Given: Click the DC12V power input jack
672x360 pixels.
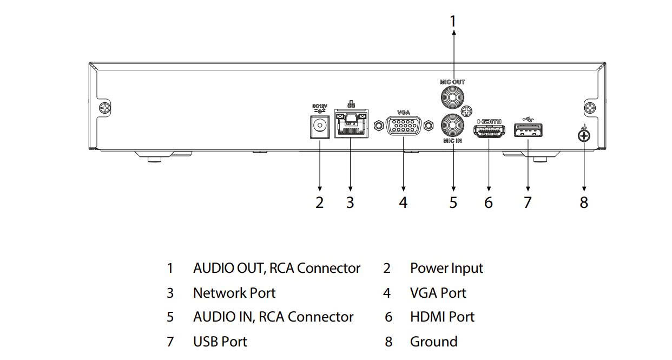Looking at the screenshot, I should point(320,127).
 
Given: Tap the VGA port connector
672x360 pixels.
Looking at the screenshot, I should point(404,126).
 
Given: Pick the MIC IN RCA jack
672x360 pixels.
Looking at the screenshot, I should point(452,126).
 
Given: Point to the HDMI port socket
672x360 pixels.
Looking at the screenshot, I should point(489,130).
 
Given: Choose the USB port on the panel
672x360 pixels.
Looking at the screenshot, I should point(528,130).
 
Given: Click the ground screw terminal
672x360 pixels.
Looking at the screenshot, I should point(584,135).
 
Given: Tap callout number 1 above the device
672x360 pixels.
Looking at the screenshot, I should point(453,22).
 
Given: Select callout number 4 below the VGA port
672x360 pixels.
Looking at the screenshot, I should point(403,202).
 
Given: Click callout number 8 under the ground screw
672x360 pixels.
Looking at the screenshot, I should point(584,202).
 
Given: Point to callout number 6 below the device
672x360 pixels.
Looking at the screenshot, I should point(489,202).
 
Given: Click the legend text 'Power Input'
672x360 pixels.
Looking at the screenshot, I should point(446,268).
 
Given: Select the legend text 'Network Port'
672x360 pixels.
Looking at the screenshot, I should point(234,293).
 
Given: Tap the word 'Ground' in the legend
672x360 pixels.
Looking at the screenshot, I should point(433,342).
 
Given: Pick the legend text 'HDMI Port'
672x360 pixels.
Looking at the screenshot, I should point(442,317).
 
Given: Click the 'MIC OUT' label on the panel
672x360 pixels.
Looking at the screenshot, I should point(452,82).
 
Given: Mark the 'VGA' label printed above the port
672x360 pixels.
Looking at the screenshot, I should point(404,113).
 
